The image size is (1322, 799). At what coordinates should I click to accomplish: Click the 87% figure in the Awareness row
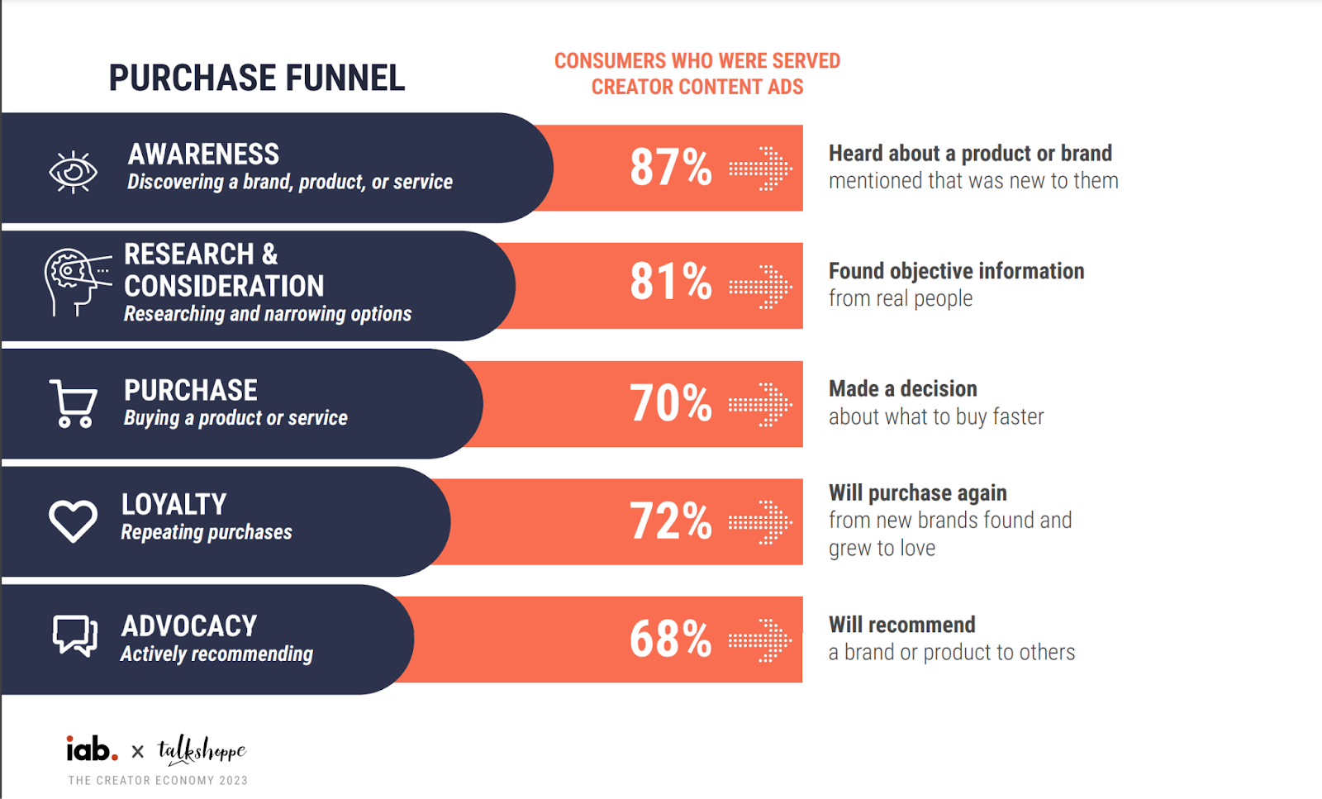tap(670, 167)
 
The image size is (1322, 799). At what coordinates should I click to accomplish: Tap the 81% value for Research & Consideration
tap(670, 282)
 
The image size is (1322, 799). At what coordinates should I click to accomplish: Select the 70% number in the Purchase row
tap(670, 403)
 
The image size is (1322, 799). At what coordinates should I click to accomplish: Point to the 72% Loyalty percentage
tap(670, 521)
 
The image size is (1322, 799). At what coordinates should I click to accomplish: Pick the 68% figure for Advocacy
tap(670, 640)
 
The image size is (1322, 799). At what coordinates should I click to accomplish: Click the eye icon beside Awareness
tap(73, 172)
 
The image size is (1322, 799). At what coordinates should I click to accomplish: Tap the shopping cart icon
tap(74, 404)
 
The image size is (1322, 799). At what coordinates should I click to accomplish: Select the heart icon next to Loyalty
tap(73, 521)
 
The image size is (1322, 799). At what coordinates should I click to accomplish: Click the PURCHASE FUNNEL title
tap(257, 78)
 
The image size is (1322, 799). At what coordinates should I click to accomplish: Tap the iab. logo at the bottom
tap(92, 749)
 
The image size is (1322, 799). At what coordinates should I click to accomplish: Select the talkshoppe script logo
tap(202, 750)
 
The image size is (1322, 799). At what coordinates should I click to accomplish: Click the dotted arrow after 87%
tap(760, 169)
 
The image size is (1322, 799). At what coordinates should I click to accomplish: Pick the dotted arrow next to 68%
tap(760, 640)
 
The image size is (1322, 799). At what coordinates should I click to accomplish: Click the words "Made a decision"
tap(902, 389)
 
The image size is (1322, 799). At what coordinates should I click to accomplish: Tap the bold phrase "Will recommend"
tap(901, 625)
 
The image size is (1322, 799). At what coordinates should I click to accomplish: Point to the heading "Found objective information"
tap(956, 271)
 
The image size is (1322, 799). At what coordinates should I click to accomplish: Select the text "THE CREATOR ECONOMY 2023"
tap(158, 780)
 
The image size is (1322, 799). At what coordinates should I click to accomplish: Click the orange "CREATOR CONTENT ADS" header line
tap(697, 88)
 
